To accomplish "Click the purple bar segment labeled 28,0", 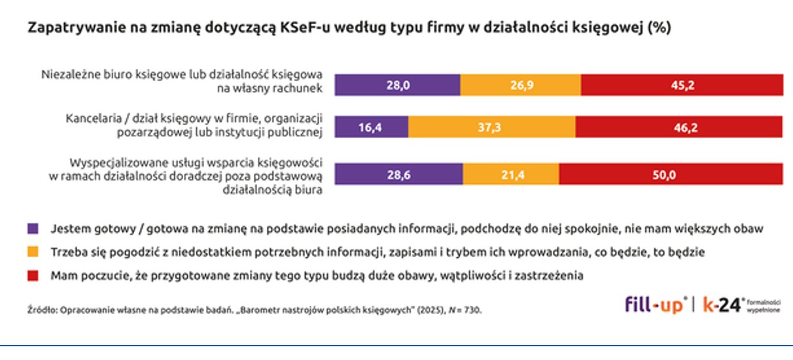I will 398,86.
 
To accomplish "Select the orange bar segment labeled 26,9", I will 520,86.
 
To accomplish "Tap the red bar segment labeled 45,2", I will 681,86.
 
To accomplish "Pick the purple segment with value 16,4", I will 372,128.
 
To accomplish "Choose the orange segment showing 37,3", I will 491,128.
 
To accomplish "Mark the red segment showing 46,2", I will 678,128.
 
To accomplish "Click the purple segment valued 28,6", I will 399,174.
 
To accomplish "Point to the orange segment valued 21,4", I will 511,174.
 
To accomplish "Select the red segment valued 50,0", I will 671,174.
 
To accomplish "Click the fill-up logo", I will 656,304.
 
